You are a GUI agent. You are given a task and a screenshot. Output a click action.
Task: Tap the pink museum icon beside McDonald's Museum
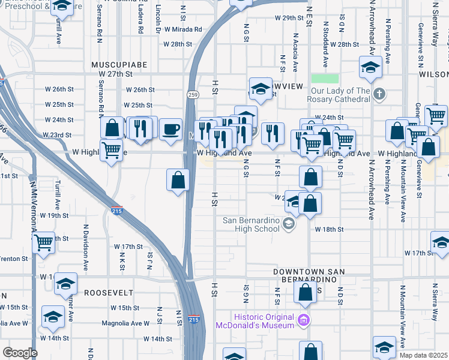pyautogui.click(x=304, y=320)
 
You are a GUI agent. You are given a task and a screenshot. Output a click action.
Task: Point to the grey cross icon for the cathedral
pyautogui.click(x=379, y=94)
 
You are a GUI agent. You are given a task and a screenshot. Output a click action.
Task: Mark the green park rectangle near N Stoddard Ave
pyautogui.click(x=325, y=79)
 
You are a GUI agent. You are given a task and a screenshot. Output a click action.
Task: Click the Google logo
pyautogui.click(x=20, y=353)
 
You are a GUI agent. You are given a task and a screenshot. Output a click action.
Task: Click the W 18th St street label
pyautogui.click(x=328, y=229)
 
